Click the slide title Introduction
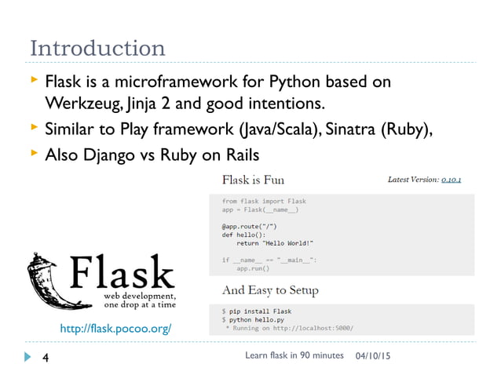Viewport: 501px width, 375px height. click(97, 49)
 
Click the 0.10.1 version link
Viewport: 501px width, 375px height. click(451, 180)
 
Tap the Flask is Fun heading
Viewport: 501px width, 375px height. click(253, 180)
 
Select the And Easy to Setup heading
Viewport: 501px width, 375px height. click(270, 290)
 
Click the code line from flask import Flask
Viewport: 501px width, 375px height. click(264, 202)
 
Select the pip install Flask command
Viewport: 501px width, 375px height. click(259, 311)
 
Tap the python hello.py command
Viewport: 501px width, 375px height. click(259, 320)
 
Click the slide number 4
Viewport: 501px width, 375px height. click(46, 357)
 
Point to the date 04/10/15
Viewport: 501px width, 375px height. click(375, 357)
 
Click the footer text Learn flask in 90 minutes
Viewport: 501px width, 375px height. click(294, 356)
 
